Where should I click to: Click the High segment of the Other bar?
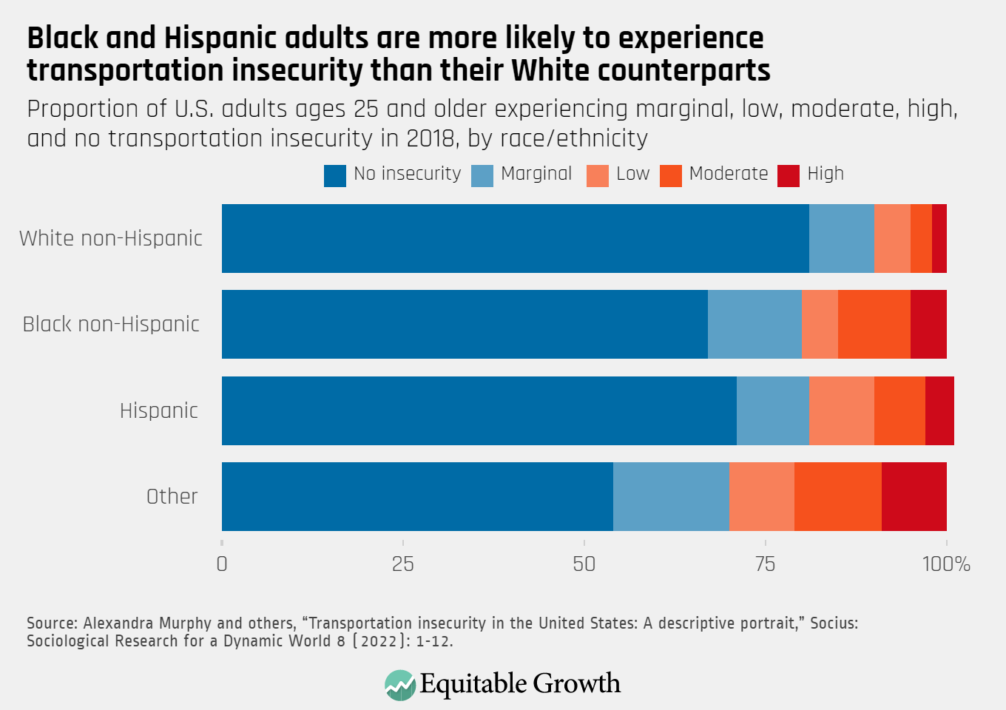(x=914, y=496)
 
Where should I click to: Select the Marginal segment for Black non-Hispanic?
(x=754, y=324)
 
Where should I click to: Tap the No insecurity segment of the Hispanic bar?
(x=479, y=410)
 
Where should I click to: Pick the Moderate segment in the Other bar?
(x=837, y=496)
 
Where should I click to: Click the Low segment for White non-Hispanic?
(x=891, y=238)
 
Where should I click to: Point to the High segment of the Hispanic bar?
(x=939, y=410)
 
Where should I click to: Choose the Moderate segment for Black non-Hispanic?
(x=874, y=324)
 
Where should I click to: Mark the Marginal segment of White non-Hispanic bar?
(x=841, y=238)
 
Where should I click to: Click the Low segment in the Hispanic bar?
(x=841, y=410)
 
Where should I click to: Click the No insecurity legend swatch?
(x=335, y=175)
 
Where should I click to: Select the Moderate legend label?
(x=728, y=174)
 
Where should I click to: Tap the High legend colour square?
(x=789, y=175)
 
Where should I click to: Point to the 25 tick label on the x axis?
(x=402, y=564)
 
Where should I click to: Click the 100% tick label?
(x=946, y=564)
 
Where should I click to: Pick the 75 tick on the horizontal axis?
(x=765, y=564)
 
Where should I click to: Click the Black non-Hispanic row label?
(x=111, y=324)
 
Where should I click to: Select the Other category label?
(x=172, y=496)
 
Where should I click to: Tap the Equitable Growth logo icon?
(x=400, y=685)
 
